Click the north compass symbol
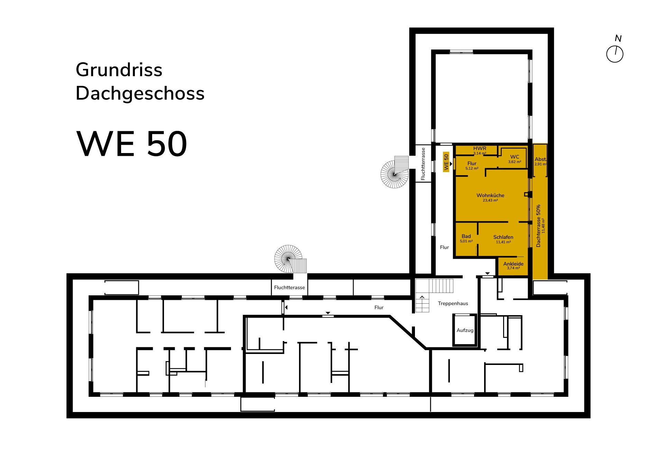pos(615,54)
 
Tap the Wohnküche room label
pos(490,195)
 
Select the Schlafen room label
pos(503,237)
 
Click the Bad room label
pos(466,236)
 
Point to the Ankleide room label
pos(513,264)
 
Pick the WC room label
pos(515,157)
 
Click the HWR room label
pos(480,148)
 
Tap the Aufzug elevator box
pos(465,330)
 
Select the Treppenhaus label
pos(453,303)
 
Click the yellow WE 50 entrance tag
pos(446,162)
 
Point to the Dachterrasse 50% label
pos(538,226)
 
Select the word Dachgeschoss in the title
pos(140,93)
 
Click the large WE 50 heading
pos(132,144)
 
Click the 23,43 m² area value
pos(490,200)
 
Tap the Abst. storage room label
pos(540,159)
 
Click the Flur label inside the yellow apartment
pos(472,163)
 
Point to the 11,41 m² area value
pos(503,242)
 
